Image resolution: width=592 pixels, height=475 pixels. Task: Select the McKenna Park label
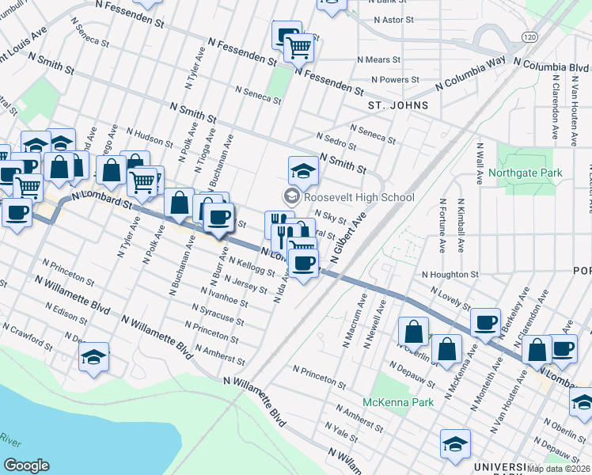coord(398,402)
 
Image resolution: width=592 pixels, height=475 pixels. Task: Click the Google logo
coord(26,465)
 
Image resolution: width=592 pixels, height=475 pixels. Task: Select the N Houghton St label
coord(450,274)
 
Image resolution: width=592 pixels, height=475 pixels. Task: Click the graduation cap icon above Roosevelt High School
coord(302,170)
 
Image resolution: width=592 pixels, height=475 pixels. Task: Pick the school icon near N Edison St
coord(94,357)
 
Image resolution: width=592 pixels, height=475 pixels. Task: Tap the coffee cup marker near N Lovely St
coord(485,322)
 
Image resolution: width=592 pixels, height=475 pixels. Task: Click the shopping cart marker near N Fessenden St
coord(299,48)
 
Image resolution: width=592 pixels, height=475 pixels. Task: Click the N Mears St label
coord(383,59)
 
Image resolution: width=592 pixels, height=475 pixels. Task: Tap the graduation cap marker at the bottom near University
coord(455,444)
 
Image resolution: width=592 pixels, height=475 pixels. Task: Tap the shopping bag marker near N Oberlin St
coord(414,331)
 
